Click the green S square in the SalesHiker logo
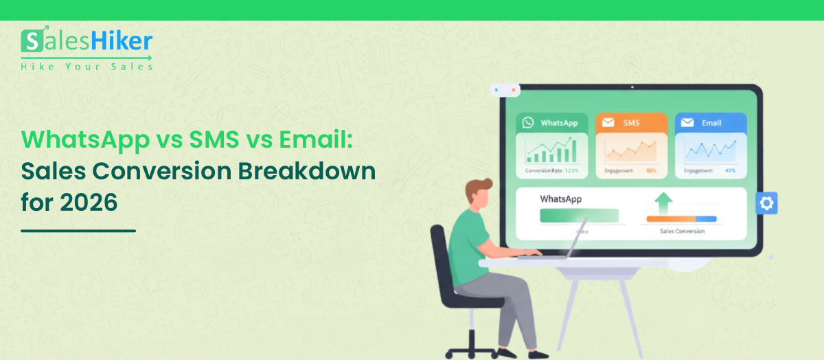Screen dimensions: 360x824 pyautogui.click(x=32, y=43)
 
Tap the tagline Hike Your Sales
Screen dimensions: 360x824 pyautogui.click(x=87, y=67)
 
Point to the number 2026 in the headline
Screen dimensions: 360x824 pyautogui.click(x=89, y=203)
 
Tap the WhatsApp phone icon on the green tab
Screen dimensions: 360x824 pyautogui.click(x=528, y=123)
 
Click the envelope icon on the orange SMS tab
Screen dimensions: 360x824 pyautogui.click(x=608, y=123)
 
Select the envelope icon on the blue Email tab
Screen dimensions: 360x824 pyautogui.click(x=687, y=123)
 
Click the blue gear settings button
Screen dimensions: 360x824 pyautogui.click(x=766, y=203)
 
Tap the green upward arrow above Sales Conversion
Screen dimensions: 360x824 pyautogui.click(x=663, y=203)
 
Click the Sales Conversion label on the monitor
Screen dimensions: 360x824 pyautogui.click(x=682, y=232)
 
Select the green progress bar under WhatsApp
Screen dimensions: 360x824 pyautogui.click(x=579, y=216)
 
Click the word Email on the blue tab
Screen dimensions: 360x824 pyautogui.click(x=711, y=123)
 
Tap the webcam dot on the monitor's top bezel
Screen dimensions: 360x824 pyautogui.click(x=631, y=87)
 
